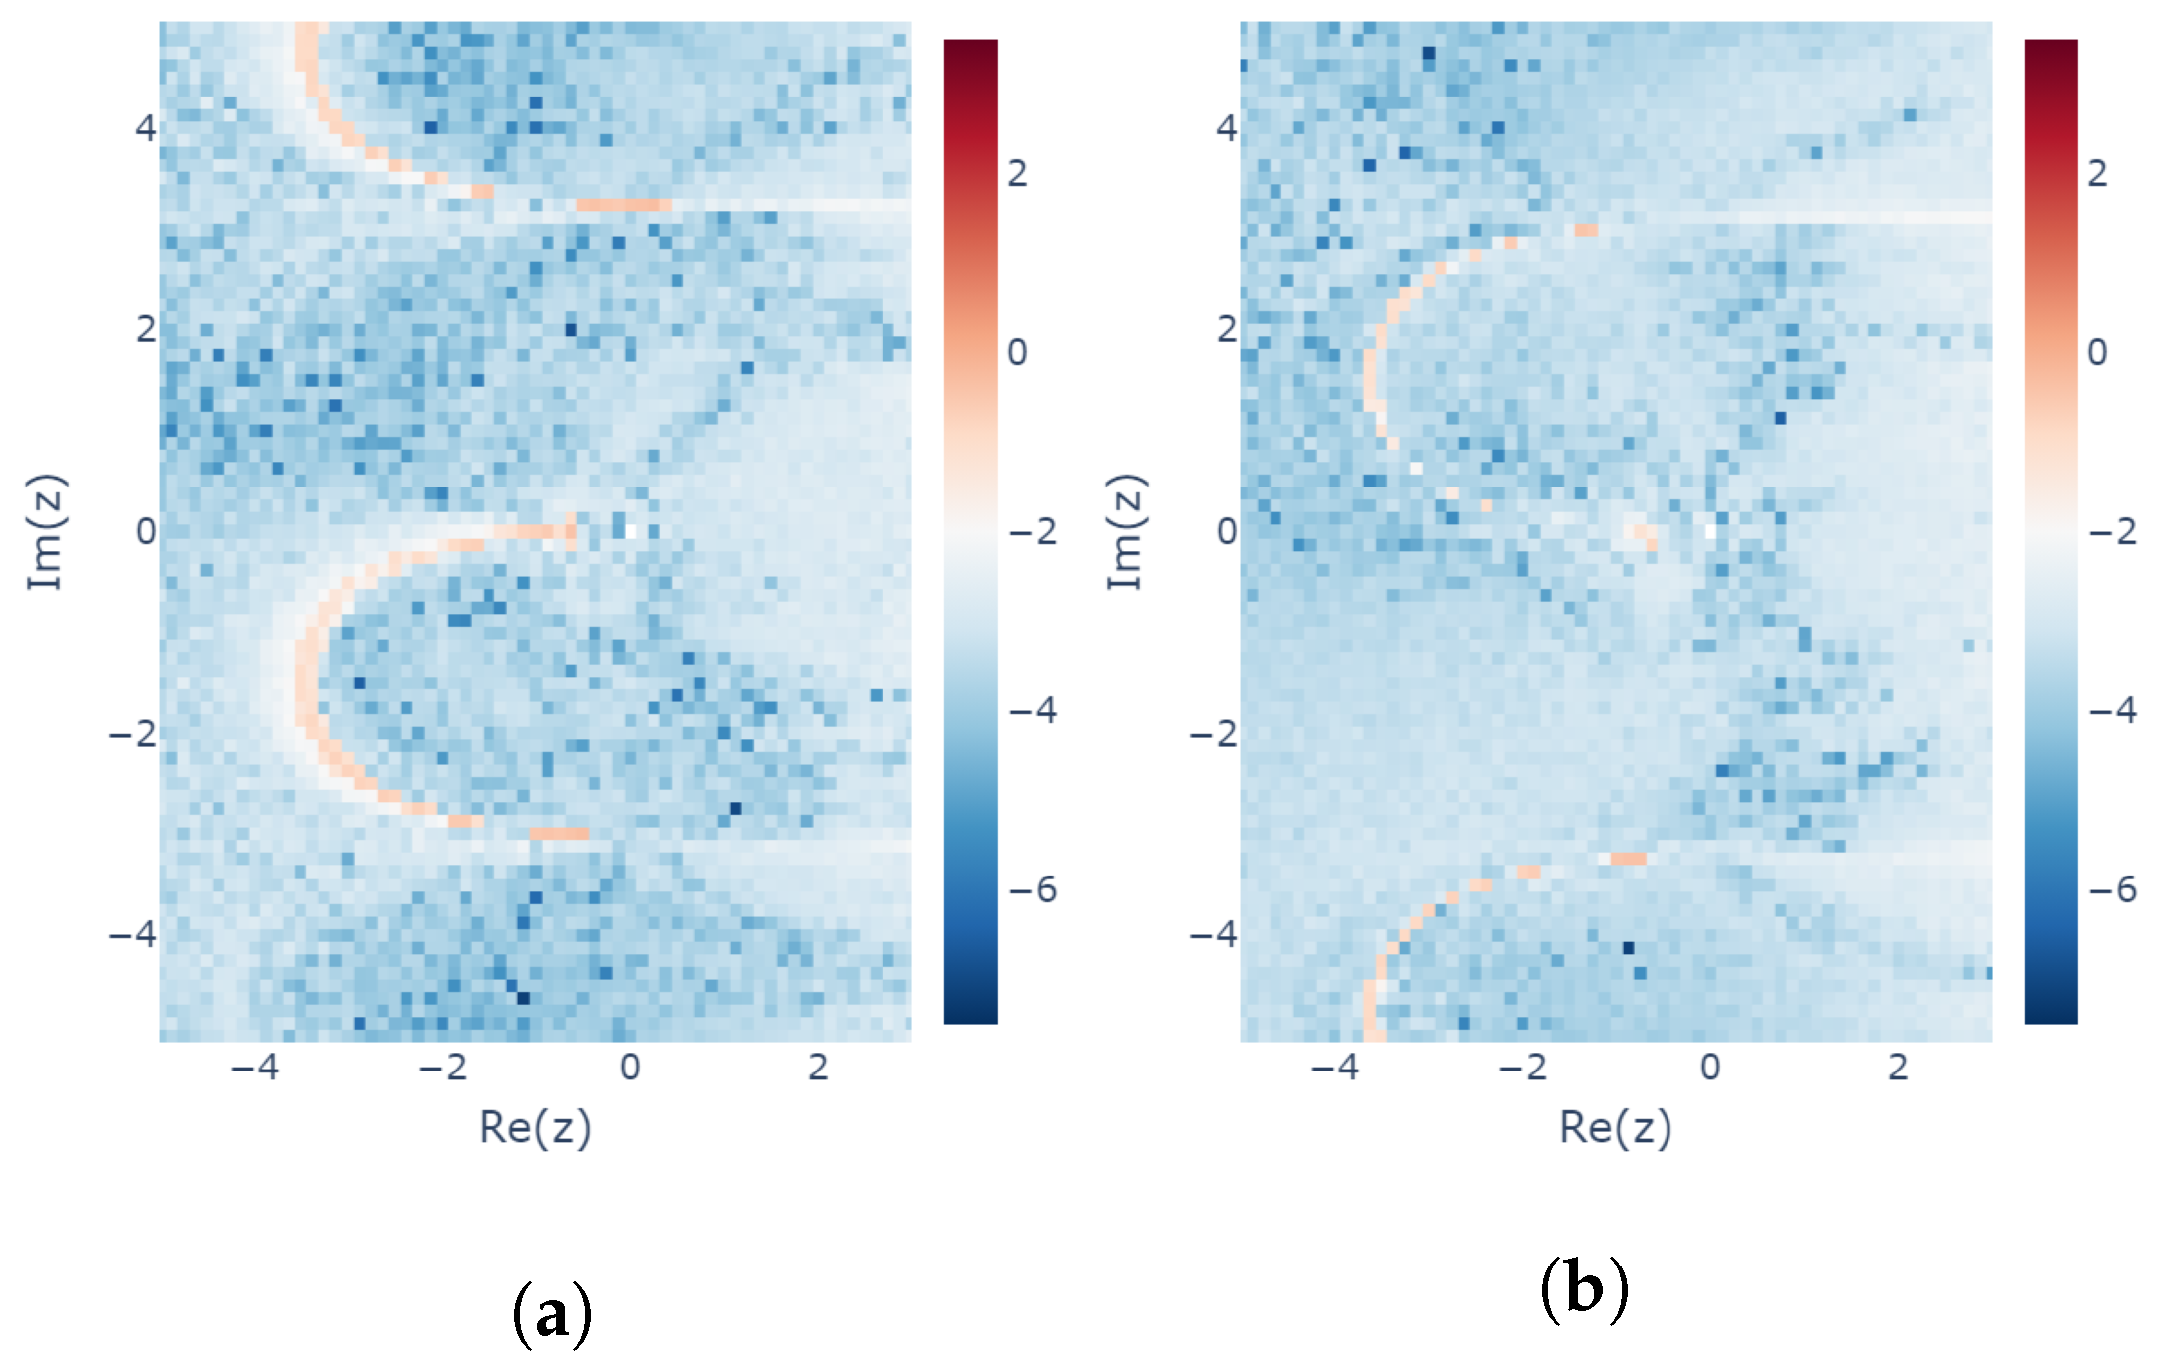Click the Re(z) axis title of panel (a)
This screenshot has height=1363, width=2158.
coord(535,1127)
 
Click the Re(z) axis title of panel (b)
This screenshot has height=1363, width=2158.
coord(1616,1127)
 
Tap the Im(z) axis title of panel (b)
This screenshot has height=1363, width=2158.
coord(1127,531)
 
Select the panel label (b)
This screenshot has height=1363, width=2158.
coord(1584,1289)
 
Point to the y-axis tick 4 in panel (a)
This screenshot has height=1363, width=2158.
coord(146,128)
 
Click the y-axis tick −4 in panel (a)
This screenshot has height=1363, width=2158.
coord(133,934)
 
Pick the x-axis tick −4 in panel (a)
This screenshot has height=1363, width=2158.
coord(254,1068)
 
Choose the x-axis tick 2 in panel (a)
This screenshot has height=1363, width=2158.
coord(818,1068)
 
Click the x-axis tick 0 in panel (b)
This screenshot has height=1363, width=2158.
coord(1710,1068)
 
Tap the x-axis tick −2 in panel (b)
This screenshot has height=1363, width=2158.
coord(1522,1068)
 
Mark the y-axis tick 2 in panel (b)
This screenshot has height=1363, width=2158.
coord(1227,329)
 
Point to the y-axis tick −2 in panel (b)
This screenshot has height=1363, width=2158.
coord(1214,733)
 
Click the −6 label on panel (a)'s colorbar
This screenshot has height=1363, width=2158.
coord(1032,889)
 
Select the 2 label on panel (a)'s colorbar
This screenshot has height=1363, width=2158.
coord(1017,173)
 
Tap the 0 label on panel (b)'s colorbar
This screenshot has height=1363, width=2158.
coord(2097,352)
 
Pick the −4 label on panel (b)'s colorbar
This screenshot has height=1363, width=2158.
coord(2112,710)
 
